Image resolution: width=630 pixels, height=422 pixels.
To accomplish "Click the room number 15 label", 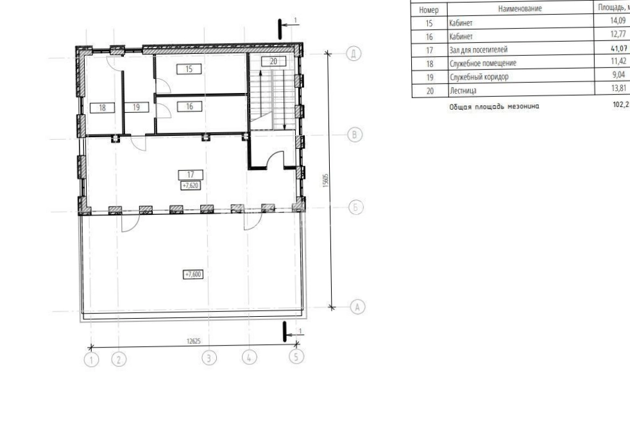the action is click(x=189, y=69).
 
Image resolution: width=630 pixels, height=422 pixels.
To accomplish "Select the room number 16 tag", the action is click(x=189, y=106).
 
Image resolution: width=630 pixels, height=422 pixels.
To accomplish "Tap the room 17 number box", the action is click(x=191, y=174).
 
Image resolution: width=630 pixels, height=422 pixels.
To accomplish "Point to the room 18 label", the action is click(x=102, y=108).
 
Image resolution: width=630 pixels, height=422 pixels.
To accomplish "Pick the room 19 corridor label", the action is click(x=136, y=107).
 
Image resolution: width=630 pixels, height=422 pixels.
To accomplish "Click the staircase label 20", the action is click(x=273, y=62).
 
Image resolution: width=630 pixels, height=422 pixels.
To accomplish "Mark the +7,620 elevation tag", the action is click(x=191, y=185).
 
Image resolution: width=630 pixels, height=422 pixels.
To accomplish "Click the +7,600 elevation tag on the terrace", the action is click(x=193, y=274).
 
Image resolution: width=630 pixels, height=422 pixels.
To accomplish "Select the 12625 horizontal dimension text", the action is click(x=193, y=341).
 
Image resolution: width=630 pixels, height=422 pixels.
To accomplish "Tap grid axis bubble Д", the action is click(x=353, y=53).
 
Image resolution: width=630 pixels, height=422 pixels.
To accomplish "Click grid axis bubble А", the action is click(x=357, y=307).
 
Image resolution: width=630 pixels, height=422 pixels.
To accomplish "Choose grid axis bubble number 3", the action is click(x=209, y=358).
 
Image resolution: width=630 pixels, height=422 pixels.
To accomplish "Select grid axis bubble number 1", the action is click(x=91, y=359).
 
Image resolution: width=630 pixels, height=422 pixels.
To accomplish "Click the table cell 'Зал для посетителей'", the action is click(x=479, y=50).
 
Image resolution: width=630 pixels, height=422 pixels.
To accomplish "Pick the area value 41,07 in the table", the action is click(x=618, y=48).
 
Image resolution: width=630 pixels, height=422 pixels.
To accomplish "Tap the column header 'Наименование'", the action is click(x=520, y=8).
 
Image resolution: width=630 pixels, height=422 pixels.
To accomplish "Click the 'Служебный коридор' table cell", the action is click(x=479, y=77).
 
